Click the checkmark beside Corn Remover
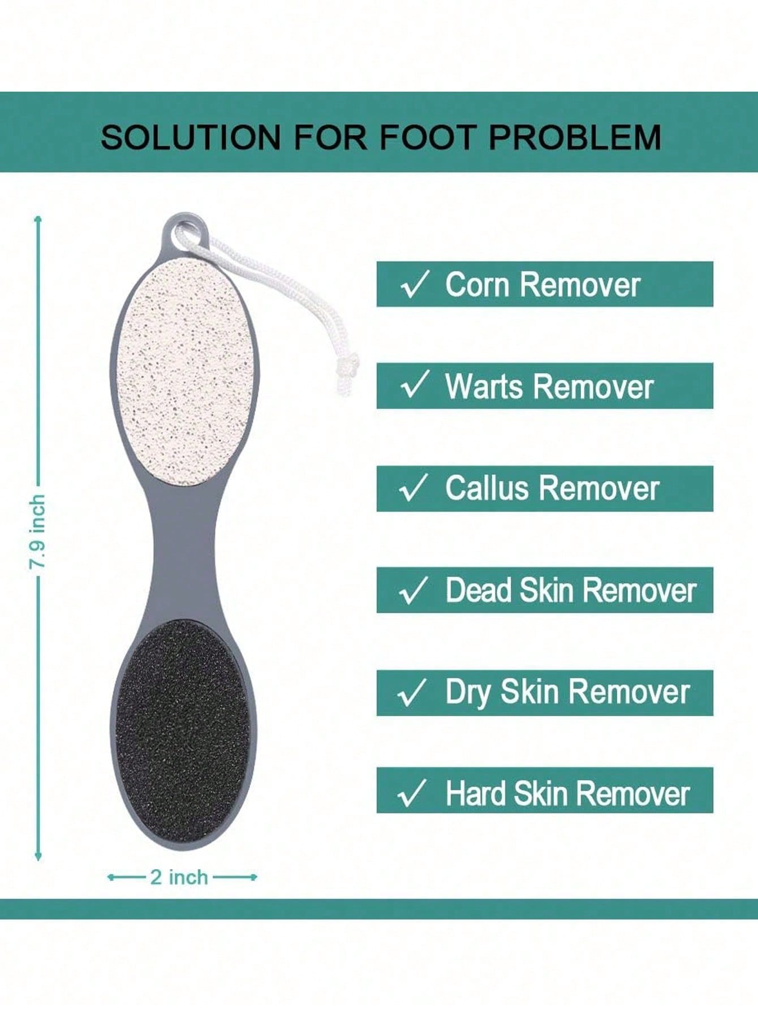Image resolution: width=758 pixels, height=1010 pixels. click(x=415, y=284)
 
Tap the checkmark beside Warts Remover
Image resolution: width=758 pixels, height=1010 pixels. click(x=415, y=385)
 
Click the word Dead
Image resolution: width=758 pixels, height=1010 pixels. click(x=479, y=590)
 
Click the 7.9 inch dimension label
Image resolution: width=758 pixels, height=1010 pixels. click(x=37, y=532)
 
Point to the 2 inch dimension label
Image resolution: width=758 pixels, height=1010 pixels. click(x=179, y=877)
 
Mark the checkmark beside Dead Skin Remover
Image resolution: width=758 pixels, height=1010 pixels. click(x=414, y=590)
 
